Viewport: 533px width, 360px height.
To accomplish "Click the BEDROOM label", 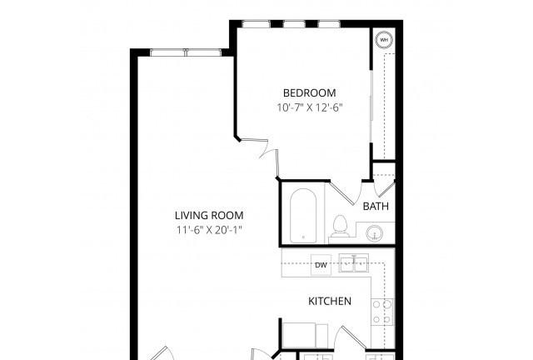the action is point(309,92).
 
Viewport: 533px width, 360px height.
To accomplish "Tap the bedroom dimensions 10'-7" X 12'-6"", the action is point(309,107).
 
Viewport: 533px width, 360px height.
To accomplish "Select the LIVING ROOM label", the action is point(209,215).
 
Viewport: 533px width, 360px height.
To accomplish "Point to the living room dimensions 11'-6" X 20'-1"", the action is point(209,230).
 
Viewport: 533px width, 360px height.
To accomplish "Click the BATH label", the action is point(376,206).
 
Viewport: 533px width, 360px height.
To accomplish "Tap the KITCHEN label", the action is point(330,301).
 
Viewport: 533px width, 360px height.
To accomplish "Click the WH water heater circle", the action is point(384,40).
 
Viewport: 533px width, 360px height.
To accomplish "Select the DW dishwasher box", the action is point(321,265).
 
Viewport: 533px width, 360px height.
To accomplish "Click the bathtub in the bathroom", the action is point(303,216).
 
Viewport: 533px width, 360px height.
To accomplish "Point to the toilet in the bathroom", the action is point(340,226).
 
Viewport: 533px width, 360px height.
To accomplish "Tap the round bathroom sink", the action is point(375,233).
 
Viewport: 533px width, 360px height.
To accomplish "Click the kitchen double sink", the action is point(354,263).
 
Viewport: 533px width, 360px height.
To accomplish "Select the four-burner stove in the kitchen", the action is point(382,312).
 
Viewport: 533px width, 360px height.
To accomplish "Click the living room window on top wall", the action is point(186,52).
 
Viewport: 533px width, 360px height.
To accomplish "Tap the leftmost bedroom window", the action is point(257,24).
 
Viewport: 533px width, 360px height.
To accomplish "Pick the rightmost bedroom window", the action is point(329,24).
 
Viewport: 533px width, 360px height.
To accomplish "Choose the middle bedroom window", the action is point(294,24).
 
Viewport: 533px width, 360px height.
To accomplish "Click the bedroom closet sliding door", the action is point(371,107).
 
